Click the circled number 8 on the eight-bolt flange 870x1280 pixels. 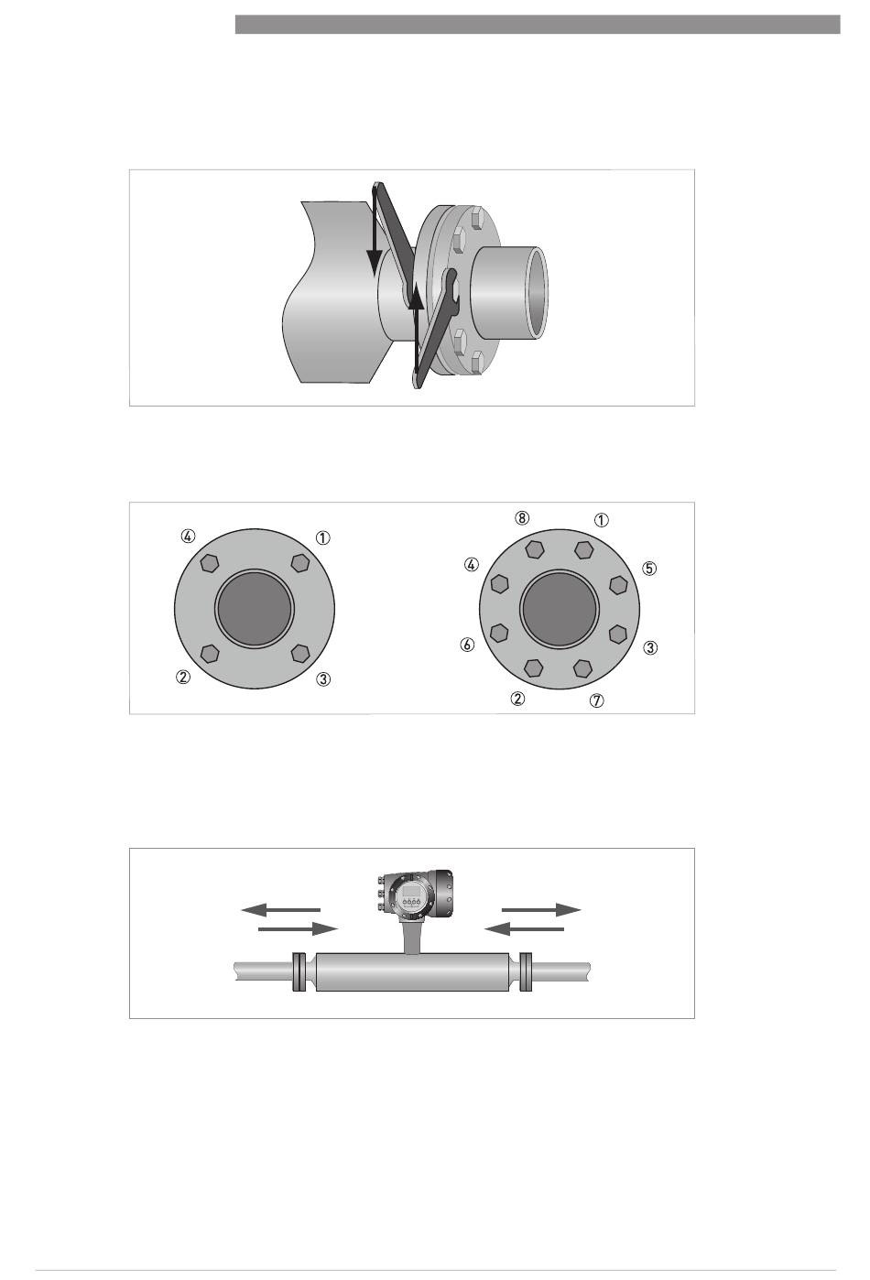click(521, 517)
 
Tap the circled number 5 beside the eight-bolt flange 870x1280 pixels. click(649, 569)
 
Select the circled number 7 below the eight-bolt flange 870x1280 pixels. click(596, 700)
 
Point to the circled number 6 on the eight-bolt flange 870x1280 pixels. click(467, 645)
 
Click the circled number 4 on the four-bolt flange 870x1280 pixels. click(188, 536)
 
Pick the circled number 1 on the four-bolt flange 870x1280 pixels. click(323, 537)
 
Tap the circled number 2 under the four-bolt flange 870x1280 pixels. click(183, 678)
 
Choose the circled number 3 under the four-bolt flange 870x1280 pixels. click(323, 678)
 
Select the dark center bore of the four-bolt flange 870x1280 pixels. click(255, 609)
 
